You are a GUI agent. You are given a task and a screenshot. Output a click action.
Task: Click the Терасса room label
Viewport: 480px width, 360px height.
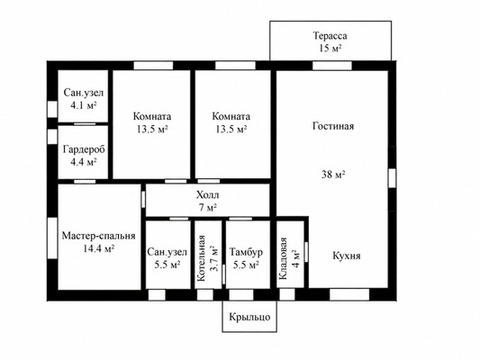330,36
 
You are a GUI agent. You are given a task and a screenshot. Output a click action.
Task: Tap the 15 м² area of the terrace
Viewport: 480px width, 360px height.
330,49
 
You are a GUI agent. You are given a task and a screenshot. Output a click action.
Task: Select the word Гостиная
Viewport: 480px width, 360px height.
333,126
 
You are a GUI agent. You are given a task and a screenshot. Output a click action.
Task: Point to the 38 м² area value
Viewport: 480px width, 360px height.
333,175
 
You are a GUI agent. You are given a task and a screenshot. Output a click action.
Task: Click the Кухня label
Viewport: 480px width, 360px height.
347,256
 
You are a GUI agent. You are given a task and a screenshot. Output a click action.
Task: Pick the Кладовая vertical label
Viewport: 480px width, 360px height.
283,258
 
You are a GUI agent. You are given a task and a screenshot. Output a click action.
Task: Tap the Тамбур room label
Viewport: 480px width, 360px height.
246,252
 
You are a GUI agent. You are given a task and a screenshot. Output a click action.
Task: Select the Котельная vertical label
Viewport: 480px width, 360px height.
201,258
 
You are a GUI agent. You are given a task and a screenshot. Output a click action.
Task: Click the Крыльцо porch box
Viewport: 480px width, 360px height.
249,316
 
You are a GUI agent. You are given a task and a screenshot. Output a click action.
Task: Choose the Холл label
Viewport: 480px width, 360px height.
207,194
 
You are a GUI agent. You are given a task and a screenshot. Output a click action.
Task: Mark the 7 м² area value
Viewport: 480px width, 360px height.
207,207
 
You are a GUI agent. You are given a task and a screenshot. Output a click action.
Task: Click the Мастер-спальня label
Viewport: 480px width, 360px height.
98,236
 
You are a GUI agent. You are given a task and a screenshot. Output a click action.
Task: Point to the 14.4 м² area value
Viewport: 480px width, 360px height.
98,248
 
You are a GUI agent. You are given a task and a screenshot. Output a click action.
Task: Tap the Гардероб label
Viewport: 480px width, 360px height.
84,149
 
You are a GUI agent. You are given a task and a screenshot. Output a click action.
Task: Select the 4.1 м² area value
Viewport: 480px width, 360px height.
84,105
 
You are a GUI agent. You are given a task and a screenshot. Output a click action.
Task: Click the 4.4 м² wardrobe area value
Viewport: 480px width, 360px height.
84,162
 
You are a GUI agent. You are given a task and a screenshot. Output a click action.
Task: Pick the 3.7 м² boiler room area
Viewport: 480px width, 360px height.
215,258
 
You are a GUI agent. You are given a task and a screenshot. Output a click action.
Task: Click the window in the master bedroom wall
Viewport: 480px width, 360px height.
52,238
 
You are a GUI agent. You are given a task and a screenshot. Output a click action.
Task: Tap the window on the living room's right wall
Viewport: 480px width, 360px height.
392,178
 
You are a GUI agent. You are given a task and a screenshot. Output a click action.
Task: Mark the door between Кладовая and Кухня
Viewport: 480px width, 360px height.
306,252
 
